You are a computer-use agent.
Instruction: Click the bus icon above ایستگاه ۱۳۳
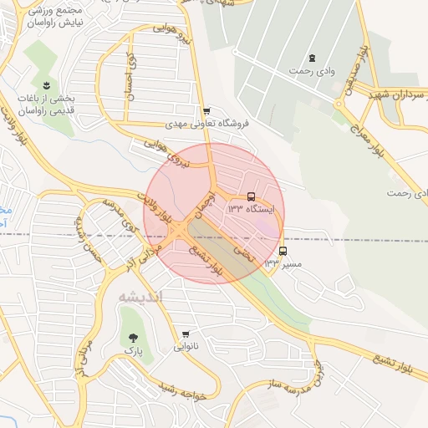click(x=252, y=196)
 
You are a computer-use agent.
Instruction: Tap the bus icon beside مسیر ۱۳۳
click(x=283, y=251)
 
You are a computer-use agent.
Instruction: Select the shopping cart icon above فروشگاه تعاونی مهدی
click(x=206, y=111)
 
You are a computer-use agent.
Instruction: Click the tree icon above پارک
click(x=133, y=338)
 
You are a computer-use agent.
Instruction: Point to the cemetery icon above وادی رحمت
click(x=313, y=58)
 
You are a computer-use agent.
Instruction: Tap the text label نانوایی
click(x=186, y=347)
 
